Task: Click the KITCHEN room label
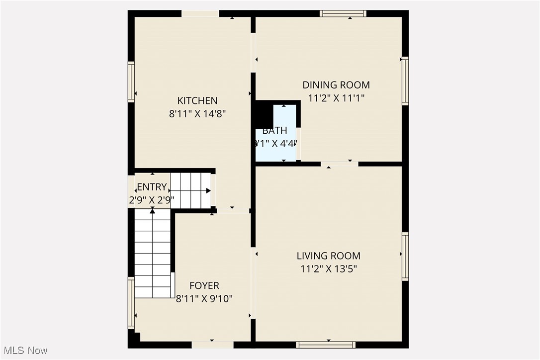(197, 100)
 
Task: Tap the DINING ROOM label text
(336, 85)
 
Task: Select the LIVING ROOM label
(328, 256)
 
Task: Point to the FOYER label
(204, 285)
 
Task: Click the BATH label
(274, 131)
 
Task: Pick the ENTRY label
(152, 187)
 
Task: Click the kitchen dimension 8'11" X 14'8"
(197, 113)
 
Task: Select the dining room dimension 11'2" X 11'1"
(336, 98)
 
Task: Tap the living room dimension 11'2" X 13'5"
(328, 269)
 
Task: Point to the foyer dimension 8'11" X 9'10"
(204, 299)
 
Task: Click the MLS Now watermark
(24, 351)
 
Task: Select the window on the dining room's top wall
(343, 13)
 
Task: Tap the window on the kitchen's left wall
(131, 82)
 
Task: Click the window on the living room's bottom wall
(326, 345)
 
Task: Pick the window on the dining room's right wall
(405, 81)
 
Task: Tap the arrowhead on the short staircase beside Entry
(208, 190)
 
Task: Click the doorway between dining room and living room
(339, 164)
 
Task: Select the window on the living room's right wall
(405, 257)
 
